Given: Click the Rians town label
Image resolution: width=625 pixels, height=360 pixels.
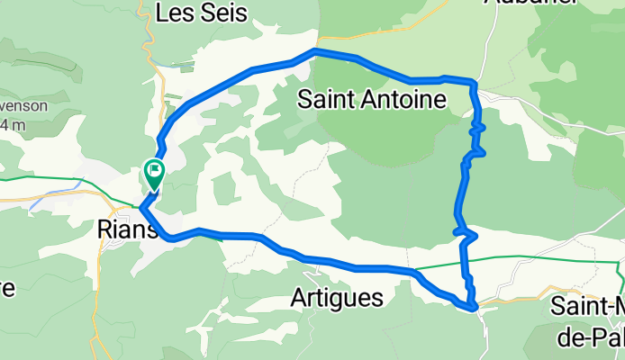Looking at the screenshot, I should [x=127, y=230].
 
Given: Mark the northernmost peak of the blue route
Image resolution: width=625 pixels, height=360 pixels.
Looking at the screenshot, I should [x=314, y=52].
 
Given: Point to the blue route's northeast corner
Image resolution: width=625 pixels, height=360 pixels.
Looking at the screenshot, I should [x=472, y=82].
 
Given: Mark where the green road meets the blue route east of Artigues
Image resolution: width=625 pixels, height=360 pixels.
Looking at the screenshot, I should [x=414, y=269].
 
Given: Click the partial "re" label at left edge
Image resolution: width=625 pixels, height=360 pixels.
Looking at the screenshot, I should [x=7, y=290].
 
